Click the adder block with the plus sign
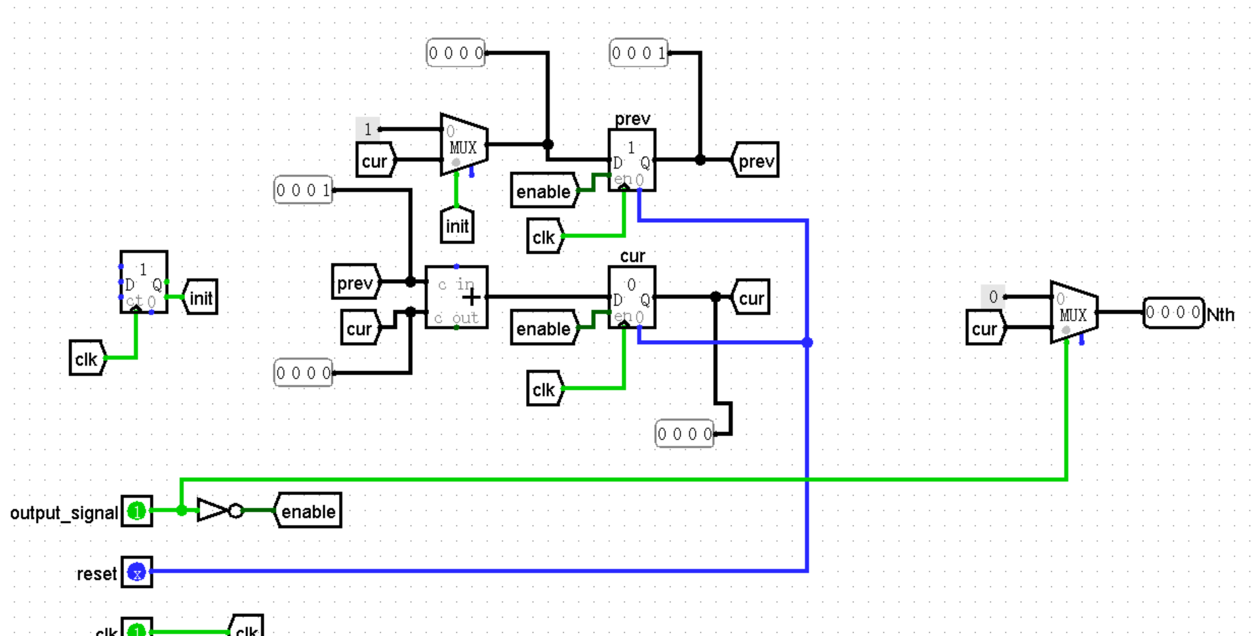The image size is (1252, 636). coord(456,297)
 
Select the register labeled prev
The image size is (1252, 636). coord(631,160)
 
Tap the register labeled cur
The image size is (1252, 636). coord(631,297)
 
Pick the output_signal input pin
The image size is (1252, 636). coord(137,511)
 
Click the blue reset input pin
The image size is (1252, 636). coord(137,572)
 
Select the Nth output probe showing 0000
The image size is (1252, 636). coord(1173,313)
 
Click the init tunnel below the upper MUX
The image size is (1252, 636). coord(457,226)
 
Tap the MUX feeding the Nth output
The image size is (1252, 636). coord(1074,313)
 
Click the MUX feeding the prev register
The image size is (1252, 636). coord(464,145)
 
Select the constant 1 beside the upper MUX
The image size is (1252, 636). coord(367,129)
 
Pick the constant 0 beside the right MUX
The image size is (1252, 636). coord(992,297)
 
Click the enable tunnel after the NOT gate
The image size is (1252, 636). coord(308,511)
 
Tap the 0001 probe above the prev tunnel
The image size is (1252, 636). coord(638,53)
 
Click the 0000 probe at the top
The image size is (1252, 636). coord(456,53)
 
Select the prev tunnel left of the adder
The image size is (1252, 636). coord(355,282)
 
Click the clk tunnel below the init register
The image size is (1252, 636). coord(87,358)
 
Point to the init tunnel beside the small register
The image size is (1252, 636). coord(201,297)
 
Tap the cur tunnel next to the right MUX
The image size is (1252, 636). coord(984,329)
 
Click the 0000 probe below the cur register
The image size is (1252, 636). coord(684,433)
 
